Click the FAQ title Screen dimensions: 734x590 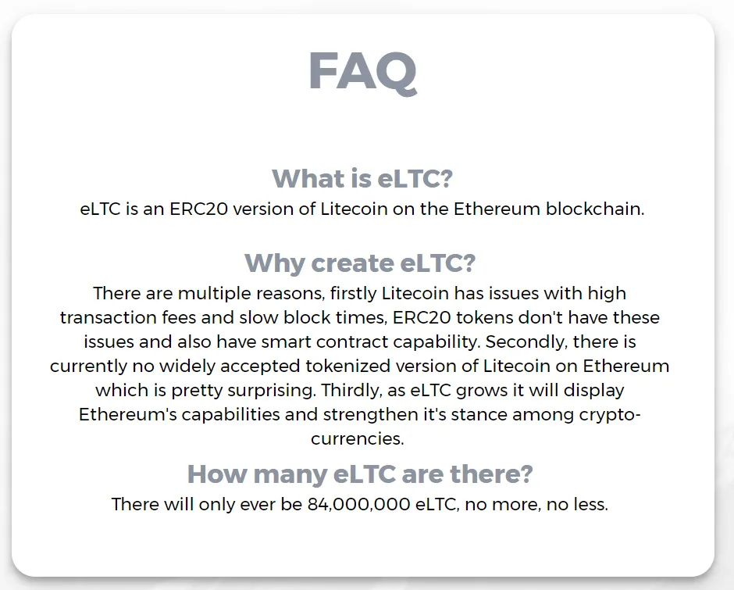coord(363,72)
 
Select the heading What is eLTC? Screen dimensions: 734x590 coord(362,178)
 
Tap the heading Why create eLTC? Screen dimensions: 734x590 coord(360,263)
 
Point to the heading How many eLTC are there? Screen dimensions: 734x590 coord(360,474)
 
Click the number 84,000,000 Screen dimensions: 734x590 coord(359,505)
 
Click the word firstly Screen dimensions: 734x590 coord(354,294)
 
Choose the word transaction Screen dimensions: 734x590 coord(108,318)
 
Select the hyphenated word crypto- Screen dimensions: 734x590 coord(610,415)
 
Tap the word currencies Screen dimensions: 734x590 coord(357,439)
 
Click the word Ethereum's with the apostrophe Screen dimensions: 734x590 coord(128,415)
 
